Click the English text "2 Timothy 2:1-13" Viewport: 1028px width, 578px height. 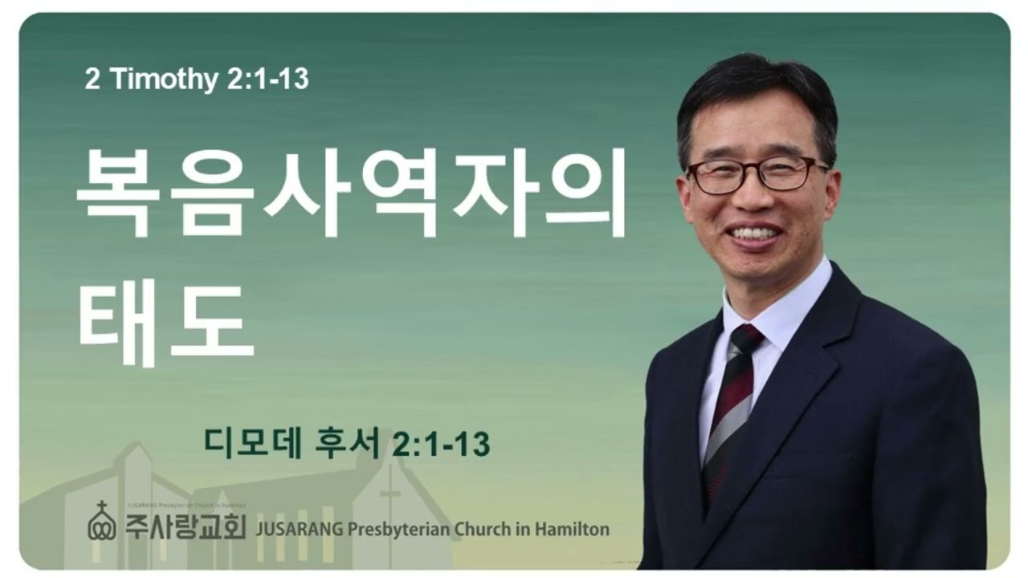197,79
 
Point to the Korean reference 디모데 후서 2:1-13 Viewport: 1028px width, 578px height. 347,443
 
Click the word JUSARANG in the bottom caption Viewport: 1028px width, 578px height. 298,529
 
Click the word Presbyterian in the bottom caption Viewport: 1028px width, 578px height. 394,529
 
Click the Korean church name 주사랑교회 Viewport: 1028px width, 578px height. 185,526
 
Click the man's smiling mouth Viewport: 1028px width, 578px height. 753,234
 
